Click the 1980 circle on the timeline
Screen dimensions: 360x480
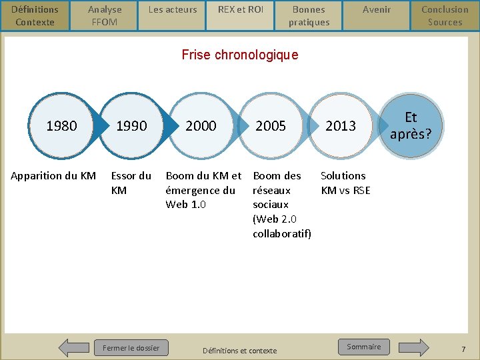pyautogui.click(x=61, y=125)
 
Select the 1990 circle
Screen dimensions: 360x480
pyautogui.click(x=131, y=125)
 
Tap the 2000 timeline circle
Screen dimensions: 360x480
pyautogui.click(x=201, y=125)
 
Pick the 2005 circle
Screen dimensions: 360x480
pyautogui.click(x=271, y=125)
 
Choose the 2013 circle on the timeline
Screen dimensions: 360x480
pyautogui.click(x=341, y=125)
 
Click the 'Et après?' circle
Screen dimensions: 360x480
pyautogui.click(x=411, y=125)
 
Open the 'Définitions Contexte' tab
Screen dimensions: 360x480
pyautogui.click(x=35, y=15)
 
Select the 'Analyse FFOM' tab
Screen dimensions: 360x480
pyautogui.click(x=105, y=15)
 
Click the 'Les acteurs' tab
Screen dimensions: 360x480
pyautogui.click(x=173, y=10)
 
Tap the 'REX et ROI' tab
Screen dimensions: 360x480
pyautogui.click(x=241, y=10)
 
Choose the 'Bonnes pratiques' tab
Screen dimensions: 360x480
pyautogui.click(x=309, y=15)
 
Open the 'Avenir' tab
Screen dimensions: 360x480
pyautogui.click(x=377, y=10)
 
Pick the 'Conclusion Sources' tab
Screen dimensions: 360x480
pyautogui.click(x=445, y=15)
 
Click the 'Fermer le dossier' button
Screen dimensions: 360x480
pyautogui.click(x=131, y=347)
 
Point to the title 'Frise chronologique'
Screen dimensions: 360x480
pyautogui.click(x=240, y=55)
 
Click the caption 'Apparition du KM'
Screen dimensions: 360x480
pyautogui.click(x=53, y=176)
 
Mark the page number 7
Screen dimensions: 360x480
pyautogui.click(x=463, y=349)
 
